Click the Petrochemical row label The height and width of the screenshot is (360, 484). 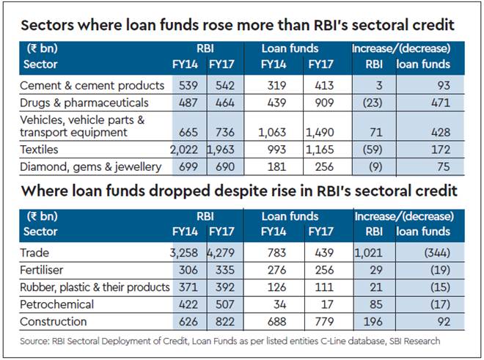click(59, 304)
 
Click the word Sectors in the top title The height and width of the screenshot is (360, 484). click(48, 25)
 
